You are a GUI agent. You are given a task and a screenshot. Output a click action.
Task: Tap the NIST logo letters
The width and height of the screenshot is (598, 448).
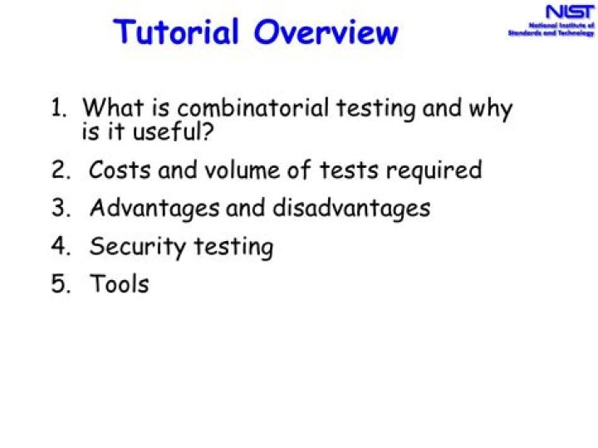[x=569, y=12]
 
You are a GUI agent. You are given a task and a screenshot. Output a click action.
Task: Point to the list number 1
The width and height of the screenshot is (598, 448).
[x=59, y=108]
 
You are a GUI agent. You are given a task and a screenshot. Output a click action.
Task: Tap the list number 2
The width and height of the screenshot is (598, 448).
[x=59, y=170]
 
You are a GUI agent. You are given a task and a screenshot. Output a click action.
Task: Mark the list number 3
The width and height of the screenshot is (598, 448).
[x=59, y=208]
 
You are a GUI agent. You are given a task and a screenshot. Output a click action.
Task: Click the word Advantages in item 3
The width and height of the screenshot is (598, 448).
[x=155, y=209]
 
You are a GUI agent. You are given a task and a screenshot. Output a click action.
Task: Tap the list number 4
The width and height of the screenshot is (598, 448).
[x=59, y=247]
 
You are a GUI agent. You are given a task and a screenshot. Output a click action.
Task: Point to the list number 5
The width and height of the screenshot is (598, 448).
[x=59, y=284]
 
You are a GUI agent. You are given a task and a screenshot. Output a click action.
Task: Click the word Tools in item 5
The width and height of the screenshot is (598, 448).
[x=120, y=284]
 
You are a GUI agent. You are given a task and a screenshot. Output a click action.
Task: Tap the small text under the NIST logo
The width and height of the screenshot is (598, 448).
[x=551, y=30]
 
